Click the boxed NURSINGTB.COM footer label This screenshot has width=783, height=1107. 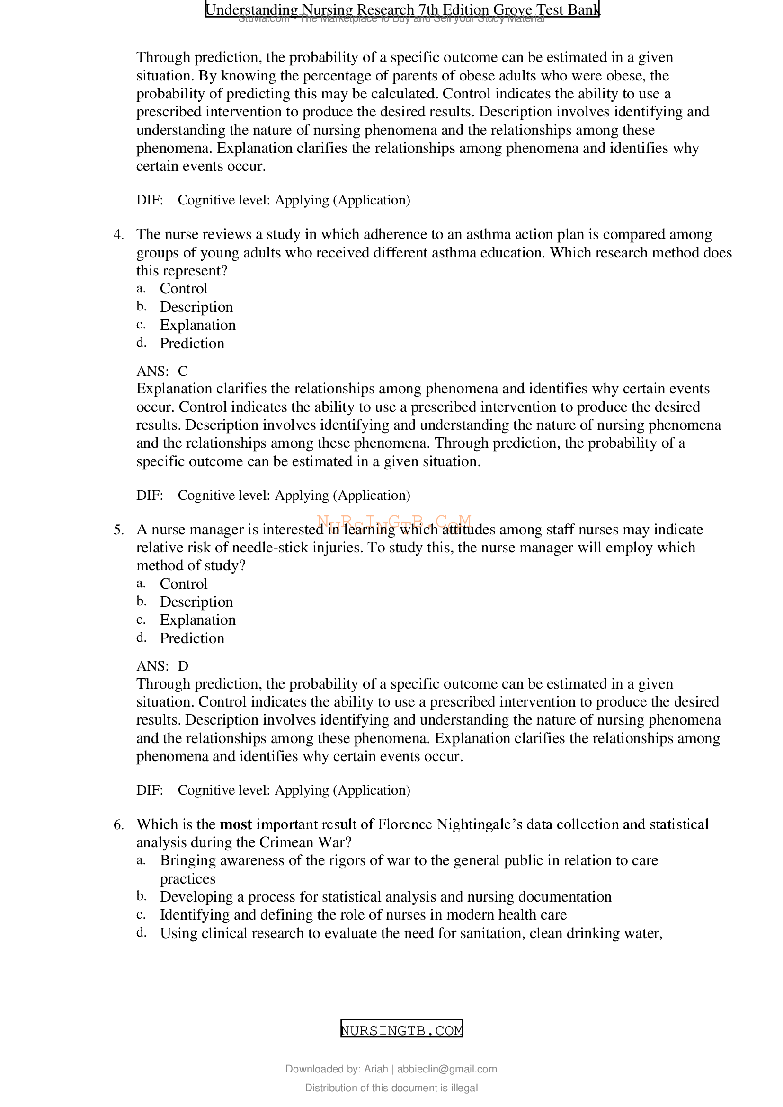(401, 1030)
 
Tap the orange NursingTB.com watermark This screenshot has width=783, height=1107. (394, 522)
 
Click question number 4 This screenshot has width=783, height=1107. (119, 234)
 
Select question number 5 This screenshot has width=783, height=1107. (119, 530)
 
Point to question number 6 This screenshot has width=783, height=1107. (119, 825)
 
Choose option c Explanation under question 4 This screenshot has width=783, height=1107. (198, 325)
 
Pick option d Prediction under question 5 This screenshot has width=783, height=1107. (192, 638)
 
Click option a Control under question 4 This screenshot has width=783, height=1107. (183, 289)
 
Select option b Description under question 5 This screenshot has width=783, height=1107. (196, 602)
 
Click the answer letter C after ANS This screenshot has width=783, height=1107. (183, 371)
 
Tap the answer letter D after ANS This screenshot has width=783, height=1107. (183, 666)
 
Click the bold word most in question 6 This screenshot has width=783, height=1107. (236, 824)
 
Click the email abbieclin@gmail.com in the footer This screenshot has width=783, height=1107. (446, 1069)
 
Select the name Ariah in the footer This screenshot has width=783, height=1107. (375, 1069)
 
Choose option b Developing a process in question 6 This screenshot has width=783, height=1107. (386, 897)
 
